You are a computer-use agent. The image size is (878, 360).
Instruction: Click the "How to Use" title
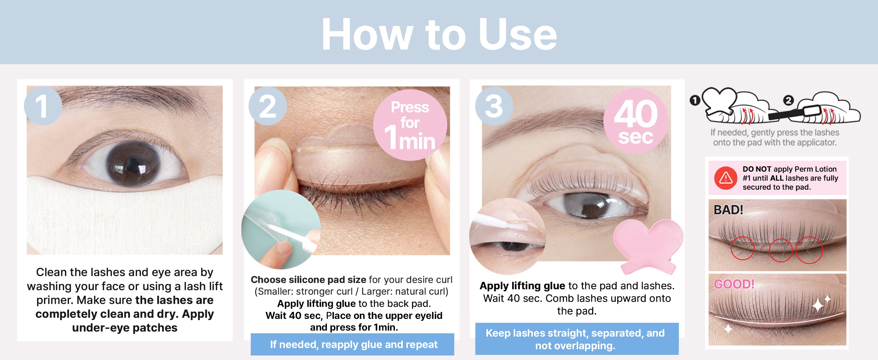(439, 34)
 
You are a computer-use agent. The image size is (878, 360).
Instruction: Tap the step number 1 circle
(43, 106)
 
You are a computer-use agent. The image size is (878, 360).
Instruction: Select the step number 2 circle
(267, 106)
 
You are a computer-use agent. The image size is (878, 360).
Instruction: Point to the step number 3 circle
(494, 106)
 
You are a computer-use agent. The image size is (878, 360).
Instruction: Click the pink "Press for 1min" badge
(410, 125)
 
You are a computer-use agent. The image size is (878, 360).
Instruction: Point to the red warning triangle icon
(726, 178)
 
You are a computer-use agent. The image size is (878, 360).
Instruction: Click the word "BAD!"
(728, 210)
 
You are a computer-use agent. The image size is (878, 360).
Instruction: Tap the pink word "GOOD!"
(734, 284)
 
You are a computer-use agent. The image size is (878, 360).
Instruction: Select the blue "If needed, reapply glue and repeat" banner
(352, 344)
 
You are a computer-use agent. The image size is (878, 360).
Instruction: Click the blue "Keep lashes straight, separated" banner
(577, 339)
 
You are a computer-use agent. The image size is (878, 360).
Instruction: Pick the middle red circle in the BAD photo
(781, 250)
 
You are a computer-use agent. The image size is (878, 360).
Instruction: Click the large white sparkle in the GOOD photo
(818, 305)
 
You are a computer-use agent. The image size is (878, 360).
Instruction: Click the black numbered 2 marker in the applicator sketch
(788, 100)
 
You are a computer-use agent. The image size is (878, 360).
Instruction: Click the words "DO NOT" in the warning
(757, 169)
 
